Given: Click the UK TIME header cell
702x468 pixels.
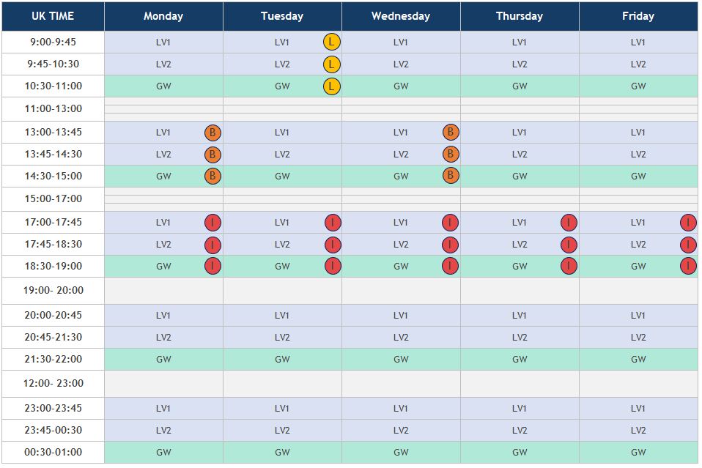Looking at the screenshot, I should pyautogui.click(x=53, y=16).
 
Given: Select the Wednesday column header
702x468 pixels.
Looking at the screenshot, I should pyautogui.click(x=401, y=16).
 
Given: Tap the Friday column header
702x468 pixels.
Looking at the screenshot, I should pyautogui.click(x=638, y=16).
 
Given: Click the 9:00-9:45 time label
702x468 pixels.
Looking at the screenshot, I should pyautogui.click(x=53, y=42).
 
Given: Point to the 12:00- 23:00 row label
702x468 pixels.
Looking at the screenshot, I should pyautogui.click(x=53, y=383).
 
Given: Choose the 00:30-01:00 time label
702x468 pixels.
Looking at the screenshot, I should pyautogui.click(x=53, y=452).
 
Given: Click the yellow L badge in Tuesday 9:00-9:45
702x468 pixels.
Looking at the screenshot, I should pyautogui.click(x=332, y=42).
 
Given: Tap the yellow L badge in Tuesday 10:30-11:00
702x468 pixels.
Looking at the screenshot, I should pyautogui.click(x=332, y=86).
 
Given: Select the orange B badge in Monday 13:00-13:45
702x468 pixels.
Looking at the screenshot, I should pyautogui.click(x=213, y=133).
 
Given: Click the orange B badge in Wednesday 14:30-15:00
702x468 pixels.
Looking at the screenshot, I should pyautogui.click(x=451, y=176).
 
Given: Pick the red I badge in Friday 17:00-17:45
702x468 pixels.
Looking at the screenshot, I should pyautogui.click(x=688, y=223).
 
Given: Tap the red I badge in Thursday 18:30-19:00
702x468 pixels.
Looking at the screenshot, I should pyautogui.click(x=569, y=266).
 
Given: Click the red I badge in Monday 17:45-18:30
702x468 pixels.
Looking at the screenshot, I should pyautogui.click(x=213, y=245).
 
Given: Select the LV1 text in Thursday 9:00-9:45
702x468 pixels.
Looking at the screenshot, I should pyautogui.click(x=520, y=42).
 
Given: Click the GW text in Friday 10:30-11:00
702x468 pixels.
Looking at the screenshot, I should pyautogui.click(x=638, y=86).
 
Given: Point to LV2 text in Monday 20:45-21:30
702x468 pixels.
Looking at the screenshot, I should pyautogui.click(x=163, y=338).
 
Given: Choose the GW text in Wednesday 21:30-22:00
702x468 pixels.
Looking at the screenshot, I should pyautogui.click(x=401, y=360).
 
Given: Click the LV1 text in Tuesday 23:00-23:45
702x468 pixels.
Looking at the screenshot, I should pyautogui.click(x=282, y=409).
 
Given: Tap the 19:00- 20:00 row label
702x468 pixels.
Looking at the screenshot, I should pyautogui.click(x=53, y=290).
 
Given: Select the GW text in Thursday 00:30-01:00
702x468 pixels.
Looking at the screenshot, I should pyautogui.click(x=520, y=452).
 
